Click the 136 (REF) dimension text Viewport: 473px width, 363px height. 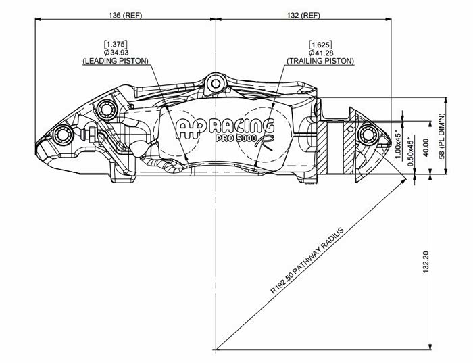(124, 15)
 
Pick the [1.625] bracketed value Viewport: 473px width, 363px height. (320, 44)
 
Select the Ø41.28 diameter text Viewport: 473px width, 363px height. (320, 52)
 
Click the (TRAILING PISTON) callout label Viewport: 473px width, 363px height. (320, 61)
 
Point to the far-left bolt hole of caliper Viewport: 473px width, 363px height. (63, 134)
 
